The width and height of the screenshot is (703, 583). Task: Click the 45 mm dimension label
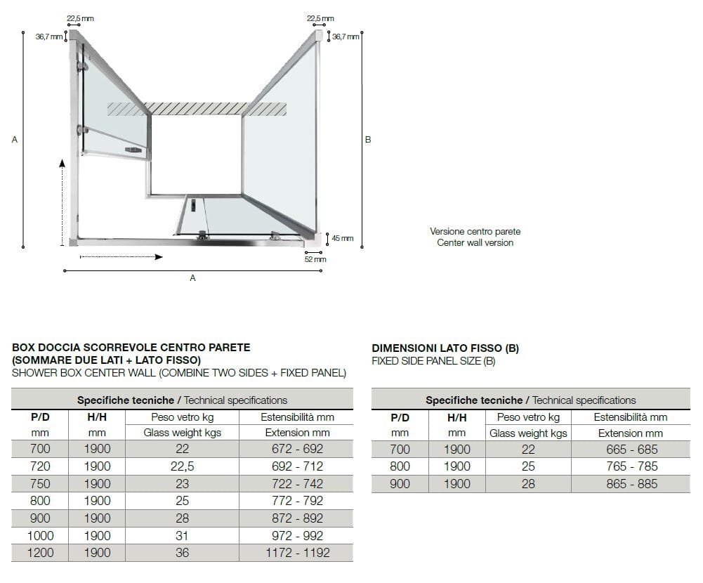342,239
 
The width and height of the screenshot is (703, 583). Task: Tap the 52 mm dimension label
315,259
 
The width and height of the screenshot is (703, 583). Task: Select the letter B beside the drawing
368,140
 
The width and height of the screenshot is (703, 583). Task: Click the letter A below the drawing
192,278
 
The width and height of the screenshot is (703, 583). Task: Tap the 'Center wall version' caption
475,243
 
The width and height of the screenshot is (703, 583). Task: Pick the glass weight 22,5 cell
182,466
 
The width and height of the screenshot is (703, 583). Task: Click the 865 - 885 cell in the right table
632,484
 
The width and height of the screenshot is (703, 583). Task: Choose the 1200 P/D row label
40,553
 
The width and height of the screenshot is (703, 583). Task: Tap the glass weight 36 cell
182,553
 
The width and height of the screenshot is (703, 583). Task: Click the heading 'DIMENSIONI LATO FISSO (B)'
445,348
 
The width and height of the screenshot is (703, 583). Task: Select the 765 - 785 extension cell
632,466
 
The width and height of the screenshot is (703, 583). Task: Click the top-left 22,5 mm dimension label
80,18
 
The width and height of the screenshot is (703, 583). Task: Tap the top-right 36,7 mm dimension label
346,37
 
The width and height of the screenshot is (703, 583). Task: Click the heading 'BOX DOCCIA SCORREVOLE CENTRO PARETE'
131,348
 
